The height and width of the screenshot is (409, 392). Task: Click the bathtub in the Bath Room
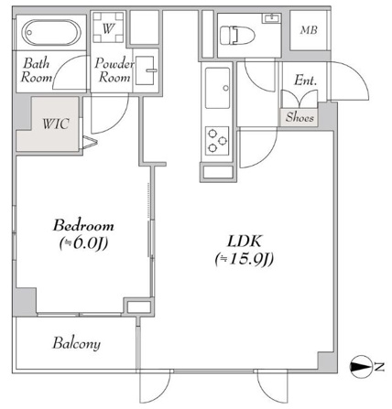coord(51,33)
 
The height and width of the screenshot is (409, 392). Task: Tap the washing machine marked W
coord(108,27)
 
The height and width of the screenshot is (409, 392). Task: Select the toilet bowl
coord(238,35)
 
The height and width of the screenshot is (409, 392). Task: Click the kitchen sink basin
coord(217,88)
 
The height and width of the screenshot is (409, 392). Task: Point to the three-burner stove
coord(217,141)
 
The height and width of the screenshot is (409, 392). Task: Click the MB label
coord(309,30)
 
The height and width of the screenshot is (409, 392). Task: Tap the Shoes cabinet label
coord(299,117)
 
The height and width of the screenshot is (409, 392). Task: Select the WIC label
coord(56,124)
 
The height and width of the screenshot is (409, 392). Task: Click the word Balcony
coord(76,343)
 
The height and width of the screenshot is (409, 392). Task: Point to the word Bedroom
coord(83,225)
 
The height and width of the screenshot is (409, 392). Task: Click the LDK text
coord(245,241)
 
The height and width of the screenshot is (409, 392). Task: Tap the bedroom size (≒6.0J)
coord(83,243)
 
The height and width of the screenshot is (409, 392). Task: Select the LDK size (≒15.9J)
coord(245,259)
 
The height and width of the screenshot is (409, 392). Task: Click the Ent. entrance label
coord(305,81)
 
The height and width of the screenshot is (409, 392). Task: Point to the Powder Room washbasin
coord(145,70)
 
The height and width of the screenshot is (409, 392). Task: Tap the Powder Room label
coord(114,70)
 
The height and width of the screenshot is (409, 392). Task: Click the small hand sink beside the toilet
coord(271,18)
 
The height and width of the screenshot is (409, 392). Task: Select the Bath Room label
coord(36,70)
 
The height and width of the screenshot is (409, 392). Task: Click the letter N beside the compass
coord(379,366)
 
